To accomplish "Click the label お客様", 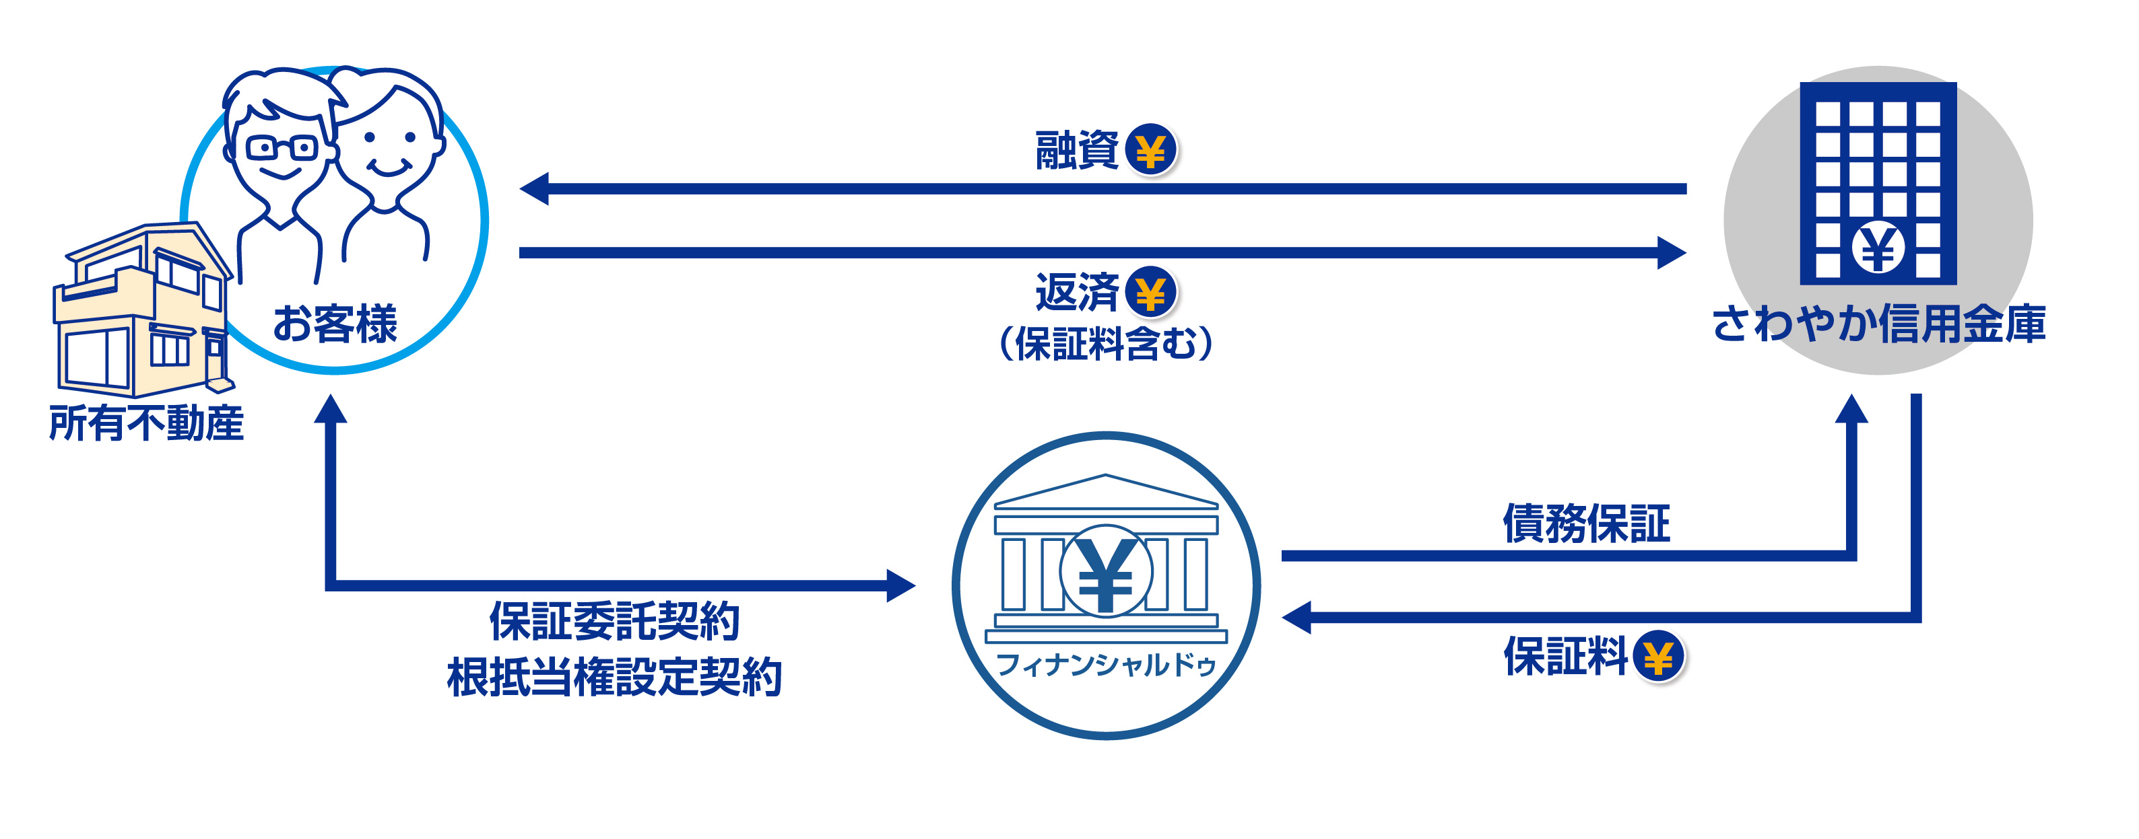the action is (x=335, y=323).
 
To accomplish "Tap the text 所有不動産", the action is (x=146, y=423).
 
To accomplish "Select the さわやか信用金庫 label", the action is (x=1878, y=323).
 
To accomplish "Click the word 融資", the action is (x=1076, y=150).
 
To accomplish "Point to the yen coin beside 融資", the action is (x=1150, y=150).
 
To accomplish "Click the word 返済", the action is (x=1076, y=292).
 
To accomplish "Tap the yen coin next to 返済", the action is (x=1150, y=292).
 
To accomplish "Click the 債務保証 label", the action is (x=1586, y=523).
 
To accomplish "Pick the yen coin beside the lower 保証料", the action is (x=1658, y=657).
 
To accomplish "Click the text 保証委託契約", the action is (x=614, y=621).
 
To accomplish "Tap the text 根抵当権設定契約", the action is (x=614, y=676).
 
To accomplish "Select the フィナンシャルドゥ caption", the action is (x=1105, y=664).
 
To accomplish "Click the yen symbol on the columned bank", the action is (x=1105, y=573).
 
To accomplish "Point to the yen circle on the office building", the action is (x=1878, y=248).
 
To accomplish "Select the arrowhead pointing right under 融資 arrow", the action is (x=1672, y=252).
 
